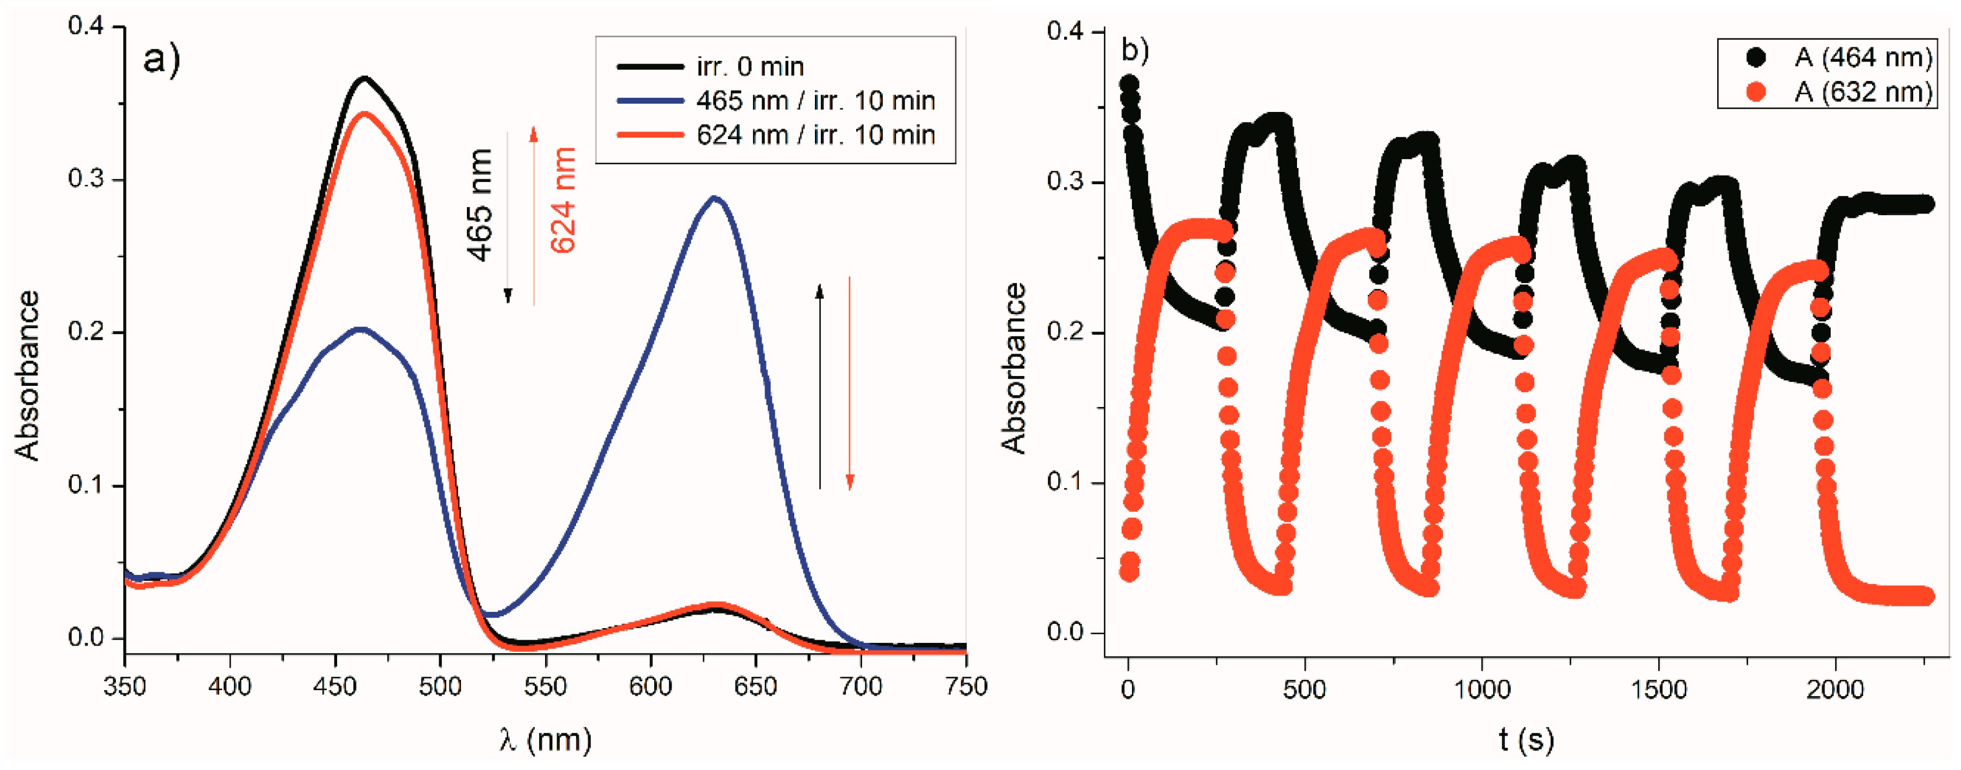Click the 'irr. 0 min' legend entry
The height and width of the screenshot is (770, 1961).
point(750,67)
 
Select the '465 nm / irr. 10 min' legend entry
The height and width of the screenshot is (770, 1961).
point(814,101)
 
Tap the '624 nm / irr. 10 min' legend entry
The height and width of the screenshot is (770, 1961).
point(814,135)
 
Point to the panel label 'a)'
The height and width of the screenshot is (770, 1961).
point(161,59)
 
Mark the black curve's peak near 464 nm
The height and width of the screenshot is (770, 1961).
point(365,78)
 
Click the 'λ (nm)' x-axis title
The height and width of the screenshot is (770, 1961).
point(546,739)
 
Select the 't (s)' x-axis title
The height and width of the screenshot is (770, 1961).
point(1526,739)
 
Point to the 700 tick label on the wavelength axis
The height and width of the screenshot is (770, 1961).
point(861,687)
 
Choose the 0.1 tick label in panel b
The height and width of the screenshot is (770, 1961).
point(1066,482)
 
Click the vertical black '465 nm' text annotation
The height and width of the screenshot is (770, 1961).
point(479,205)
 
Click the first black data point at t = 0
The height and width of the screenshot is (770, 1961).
point(1129,83)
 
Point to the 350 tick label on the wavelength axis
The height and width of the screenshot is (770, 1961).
point(124,687)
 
